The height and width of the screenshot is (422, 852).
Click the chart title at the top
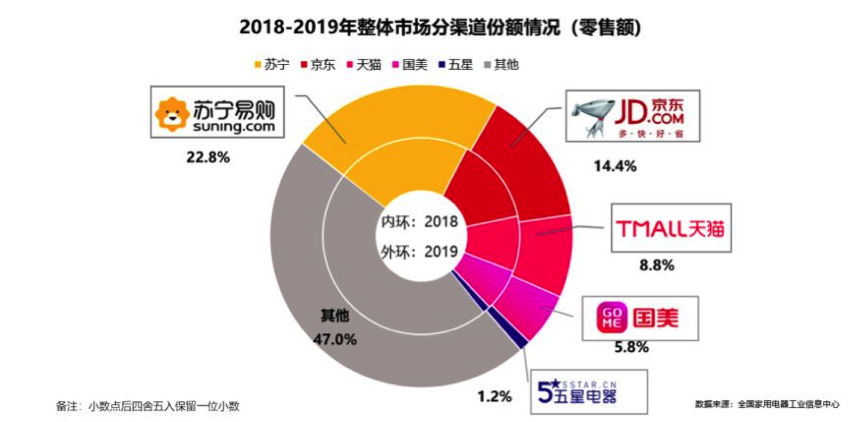tap(440, 27)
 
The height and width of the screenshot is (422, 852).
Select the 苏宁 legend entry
tap(272, 64)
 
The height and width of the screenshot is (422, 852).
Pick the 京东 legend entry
tap(318, 64)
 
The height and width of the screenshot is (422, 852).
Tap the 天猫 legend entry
tap(364, 64)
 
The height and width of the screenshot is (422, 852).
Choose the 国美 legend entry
tap(410, 64)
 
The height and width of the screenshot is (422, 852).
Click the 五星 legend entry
tap(456, 64)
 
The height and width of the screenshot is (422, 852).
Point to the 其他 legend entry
tap(502, 64)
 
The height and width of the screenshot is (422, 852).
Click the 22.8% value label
tap(208, 157)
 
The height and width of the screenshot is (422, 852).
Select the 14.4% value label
tap(615, 166)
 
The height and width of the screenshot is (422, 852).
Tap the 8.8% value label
tap(657, 265)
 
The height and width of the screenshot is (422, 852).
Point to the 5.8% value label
tap(632, 348)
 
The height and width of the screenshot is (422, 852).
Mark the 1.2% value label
tap(495, 397)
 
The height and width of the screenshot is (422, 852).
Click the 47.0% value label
tap(335, 339)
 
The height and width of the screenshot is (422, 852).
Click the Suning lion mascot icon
tap(172, 114)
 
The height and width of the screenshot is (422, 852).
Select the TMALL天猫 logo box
tap(671, 228)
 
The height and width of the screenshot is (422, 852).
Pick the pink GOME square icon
tap(612, 318)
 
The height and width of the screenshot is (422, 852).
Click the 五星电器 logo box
tap(589, 392)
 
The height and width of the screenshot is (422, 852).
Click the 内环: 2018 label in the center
tap(420, 221)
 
